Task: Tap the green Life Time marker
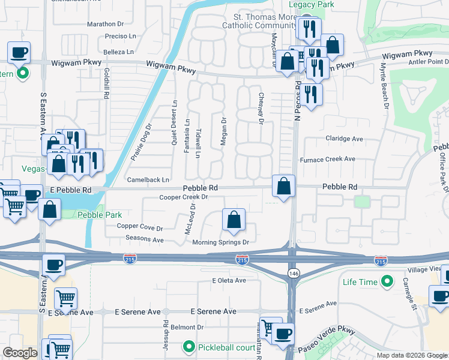point(387,281)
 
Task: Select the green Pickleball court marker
point(189,347)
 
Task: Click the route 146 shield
point(292,274)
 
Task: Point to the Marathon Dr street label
point(105,24)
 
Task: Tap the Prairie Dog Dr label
point(142,142)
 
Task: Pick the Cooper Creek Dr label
point(184,197)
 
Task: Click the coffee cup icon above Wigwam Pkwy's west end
point(19,53)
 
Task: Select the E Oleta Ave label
point(229,280)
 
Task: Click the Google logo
point(20,352)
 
